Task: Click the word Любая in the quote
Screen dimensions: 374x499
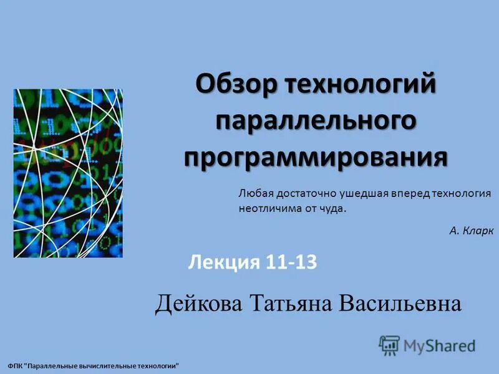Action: tap(253, 194)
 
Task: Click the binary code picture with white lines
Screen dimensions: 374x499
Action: tap(68, 173)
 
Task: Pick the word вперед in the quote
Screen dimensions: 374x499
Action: tap(404, 194)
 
